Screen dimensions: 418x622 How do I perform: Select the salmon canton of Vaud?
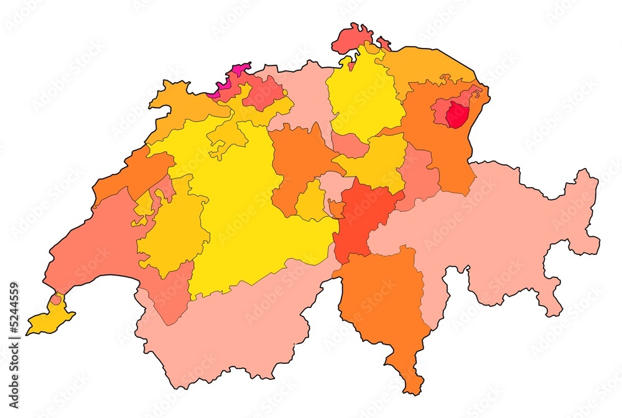coord(93,249)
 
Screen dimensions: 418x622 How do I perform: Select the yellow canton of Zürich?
coord(364,93)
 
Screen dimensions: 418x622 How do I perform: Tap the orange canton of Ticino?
coord(386,305)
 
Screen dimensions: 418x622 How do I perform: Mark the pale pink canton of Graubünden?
coord(498,236)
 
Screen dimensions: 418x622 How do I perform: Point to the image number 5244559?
coord(14,320)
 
